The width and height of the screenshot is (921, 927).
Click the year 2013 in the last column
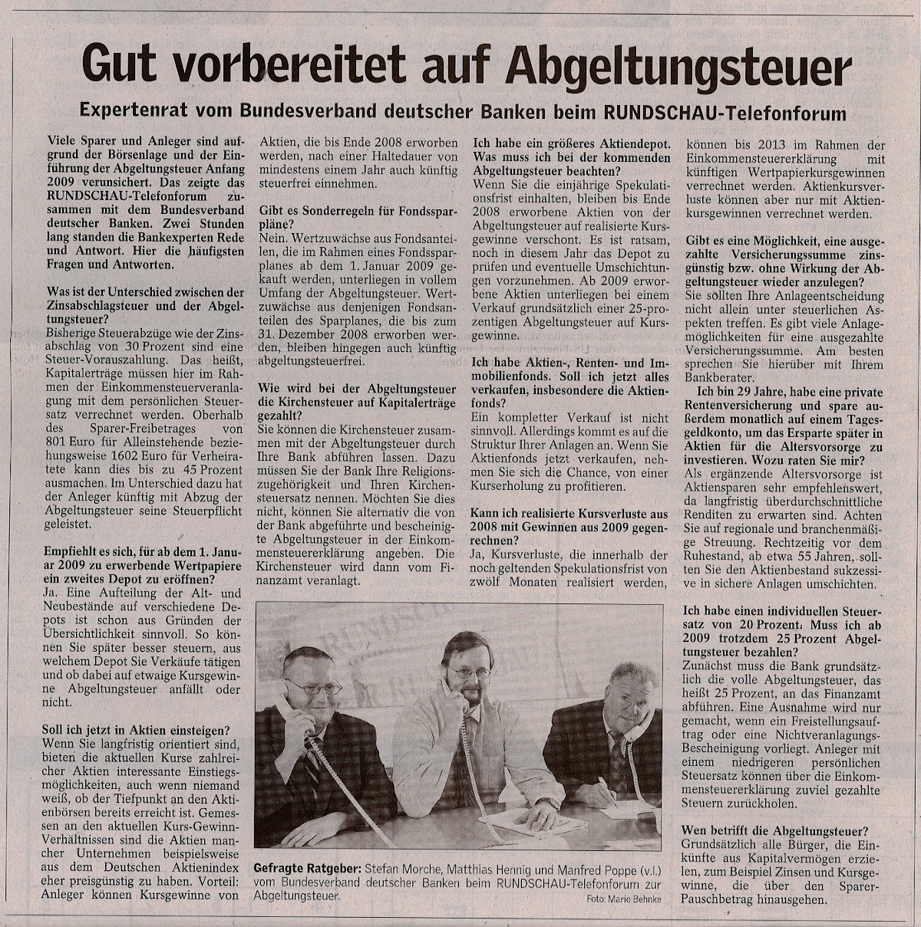pos(773,145)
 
